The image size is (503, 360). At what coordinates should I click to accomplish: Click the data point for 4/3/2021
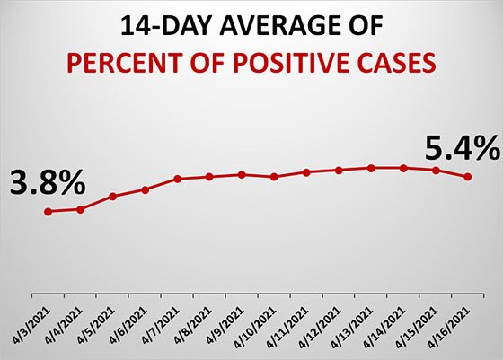point(49,211)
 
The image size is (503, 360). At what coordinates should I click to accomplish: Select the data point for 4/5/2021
point(113,196)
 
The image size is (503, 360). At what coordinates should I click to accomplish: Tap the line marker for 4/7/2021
point(178,179)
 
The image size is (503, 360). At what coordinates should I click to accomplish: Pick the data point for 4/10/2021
point(274,177)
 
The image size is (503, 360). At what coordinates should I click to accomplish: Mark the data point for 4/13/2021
point(371,168)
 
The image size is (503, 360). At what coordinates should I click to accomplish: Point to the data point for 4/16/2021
point(468,177)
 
